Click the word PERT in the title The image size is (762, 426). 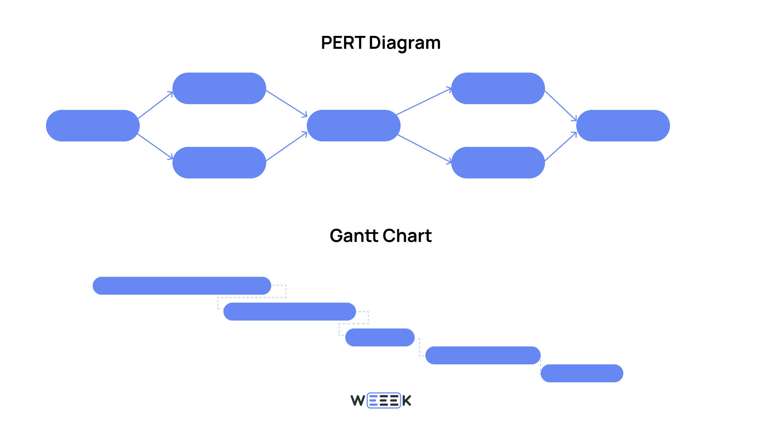[x=343, y=43]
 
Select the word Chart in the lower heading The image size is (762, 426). [x=407, y=236]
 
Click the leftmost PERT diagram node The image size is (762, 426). [x=93, y=126]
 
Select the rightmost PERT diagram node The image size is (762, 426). [x=623, y=126]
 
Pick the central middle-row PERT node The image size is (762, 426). [x=354, y=126]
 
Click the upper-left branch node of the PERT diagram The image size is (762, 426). [x=219, y=88]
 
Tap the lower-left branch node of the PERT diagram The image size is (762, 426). [x=219, y=163]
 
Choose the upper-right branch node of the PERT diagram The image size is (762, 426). [x=498, y=88]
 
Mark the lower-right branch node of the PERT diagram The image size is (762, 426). [x=498, y=163]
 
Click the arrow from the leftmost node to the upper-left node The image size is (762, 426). [x=155, y=105]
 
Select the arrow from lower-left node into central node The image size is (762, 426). [x=286, y=146]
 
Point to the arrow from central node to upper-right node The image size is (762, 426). [x=423, y=102]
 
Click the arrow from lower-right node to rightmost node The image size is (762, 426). [x=560, y=146]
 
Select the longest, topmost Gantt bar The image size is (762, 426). [x=182, y=286]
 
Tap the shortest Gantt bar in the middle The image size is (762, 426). [x=380, y=337]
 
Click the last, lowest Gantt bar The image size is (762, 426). [x=582, y=373]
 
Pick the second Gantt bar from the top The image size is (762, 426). [x=290, y=312]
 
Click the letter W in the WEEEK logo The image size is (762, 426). [x=358, y=401]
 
